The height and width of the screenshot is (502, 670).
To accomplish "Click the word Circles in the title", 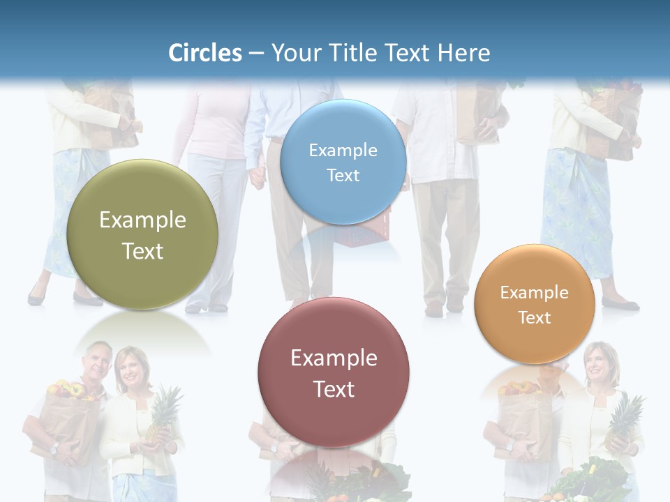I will click(x=205, y=53).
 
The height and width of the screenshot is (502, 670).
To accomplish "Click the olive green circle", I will click(x=142, y=235).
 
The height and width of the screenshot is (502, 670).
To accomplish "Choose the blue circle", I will click(x=343, y=162).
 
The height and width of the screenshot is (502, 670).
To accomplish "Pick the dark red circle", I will click(x=334, y=373).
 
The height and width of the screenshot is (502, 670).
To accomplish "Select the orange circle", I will click(x=535, y=305).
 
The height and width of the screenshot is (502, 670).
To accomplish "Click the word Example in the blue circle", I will click(x=343, y=150).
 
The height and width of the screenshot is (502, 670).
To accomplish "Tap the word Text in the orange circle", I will click(x=535, y=318).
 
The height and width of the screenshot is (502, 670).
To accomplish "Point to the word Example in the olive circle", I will click(x=142, y=220).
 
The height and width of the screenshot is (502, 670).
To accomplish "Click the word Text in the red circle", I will click(x=334, y=389).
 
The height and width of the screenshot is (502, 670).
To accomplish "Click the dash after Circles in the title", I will click(x=256, y=54).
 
